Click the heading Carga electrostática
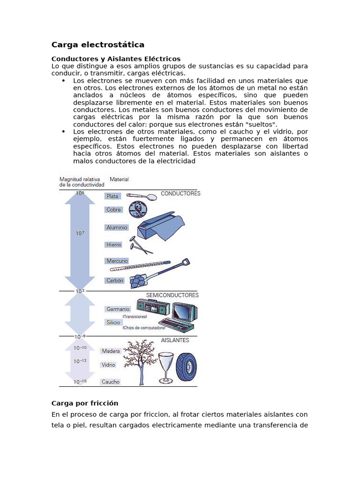click(97, 45)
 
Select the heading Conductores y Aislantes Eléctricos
click(115, 59)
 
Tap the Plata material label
click(112, 196)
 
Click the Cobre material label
click(114, 210)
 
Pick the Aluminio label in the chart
click(117, 227)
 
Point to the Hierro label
click(113, 244)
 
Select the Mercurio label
click(117, 261)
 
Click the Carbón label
click(115, 280)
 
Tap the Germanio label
click(118, 309)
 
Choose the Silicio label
click(113, 322)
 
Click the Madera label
click(111, 351)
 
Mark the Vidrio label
click(108, 365)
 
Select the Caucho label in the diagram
click(111, 382)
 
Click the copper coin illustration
click(138, 209)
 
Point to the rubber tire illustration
click(186, 367)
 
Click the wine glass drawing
click(165, 366)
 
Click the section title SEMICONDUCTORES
click(172, 295)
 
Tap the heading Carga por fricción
click(84, 403)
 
